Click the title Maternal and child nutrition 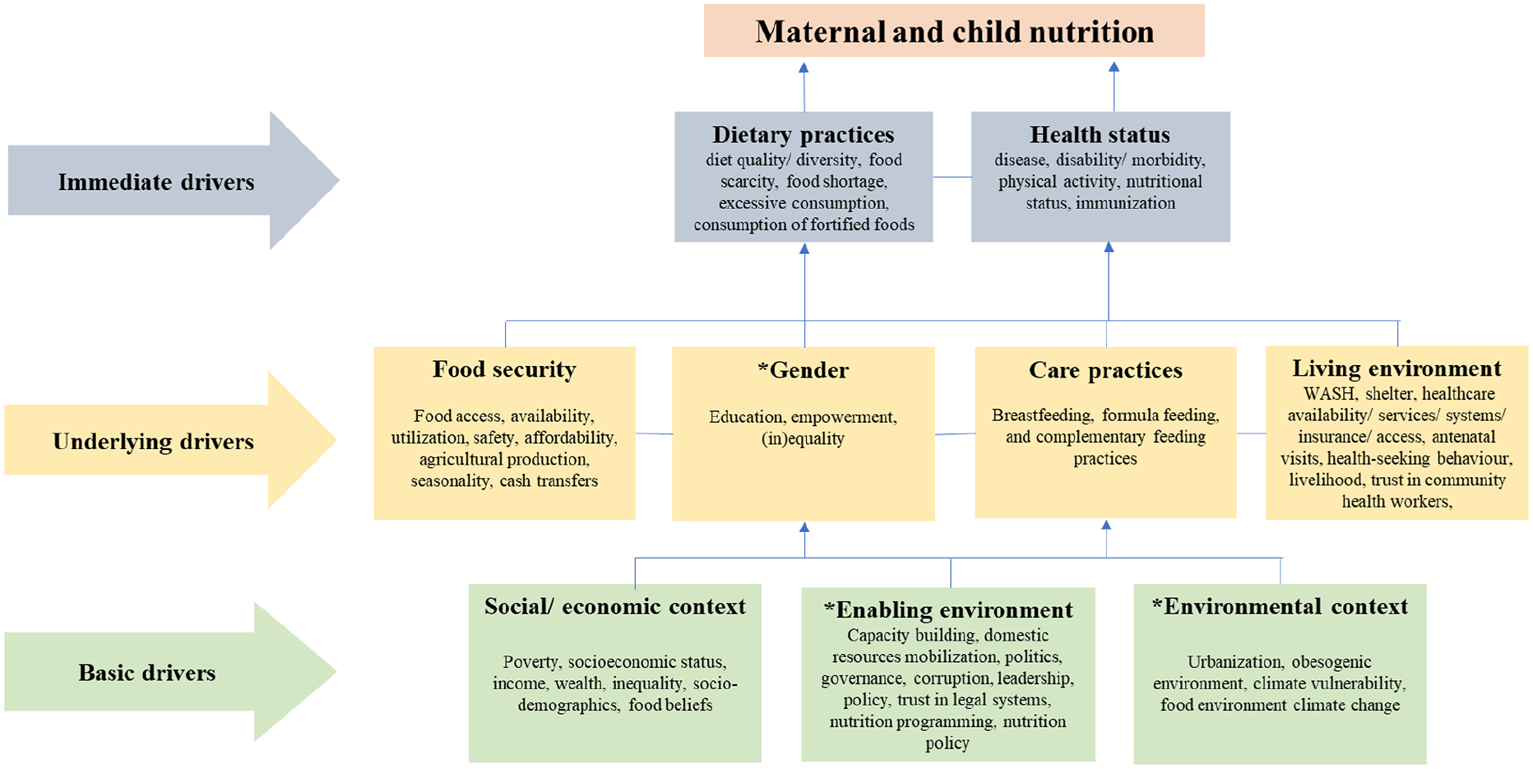pos(954,31)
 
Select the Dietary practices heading pos(803,134)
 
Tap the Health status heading pos(1100,134)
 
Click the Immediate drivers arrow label pos(156,182)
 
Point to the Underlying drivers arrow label pos(153,442)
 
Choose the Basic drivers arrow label pos(147,673)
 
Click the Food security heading pos(504,369)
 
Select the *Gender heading pos(803,370)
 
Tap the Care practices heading pos(1105,371)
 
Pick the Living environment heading pos(1396,368)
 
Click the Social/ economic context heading pos(614,606)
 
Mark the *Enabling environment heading pos(948,609)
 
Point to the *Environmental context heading pos(1280,606)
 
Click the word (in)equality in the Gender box pos(803,439)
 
